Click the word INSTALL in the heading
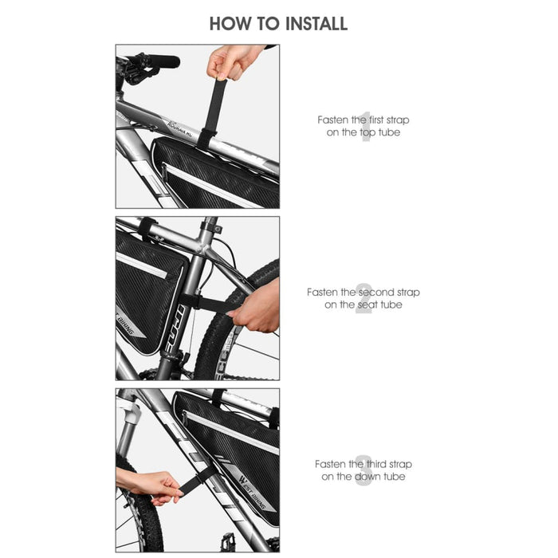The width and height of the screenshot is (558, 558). click(x=310, y=24)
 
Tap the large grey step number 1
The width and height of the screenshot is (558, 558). click(x=366, y=126)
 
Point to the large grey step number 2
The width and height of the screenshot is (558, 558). click(x=363, y=298)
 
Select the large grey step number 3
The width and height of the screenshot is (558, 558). click(x=363, y=470)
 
